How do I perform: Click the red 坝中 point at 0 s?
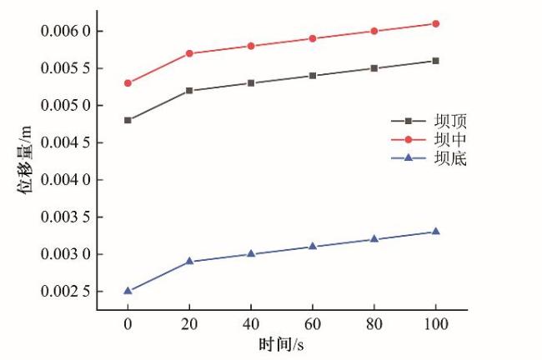point(128,83)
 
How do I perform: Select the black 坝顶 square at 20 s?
point(189,90)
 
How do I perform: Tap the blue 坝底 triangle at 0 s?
point(128,291)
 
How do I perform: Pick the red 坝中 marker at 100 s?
point(435,23)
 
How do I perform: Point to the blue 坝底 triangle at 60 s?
point(313,246)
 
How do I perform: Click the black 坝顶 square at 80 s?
point(374,67)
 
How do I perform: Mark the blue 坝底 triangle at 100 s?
point(435,231)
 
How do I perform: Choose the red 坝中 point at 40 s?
point(251,46)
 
